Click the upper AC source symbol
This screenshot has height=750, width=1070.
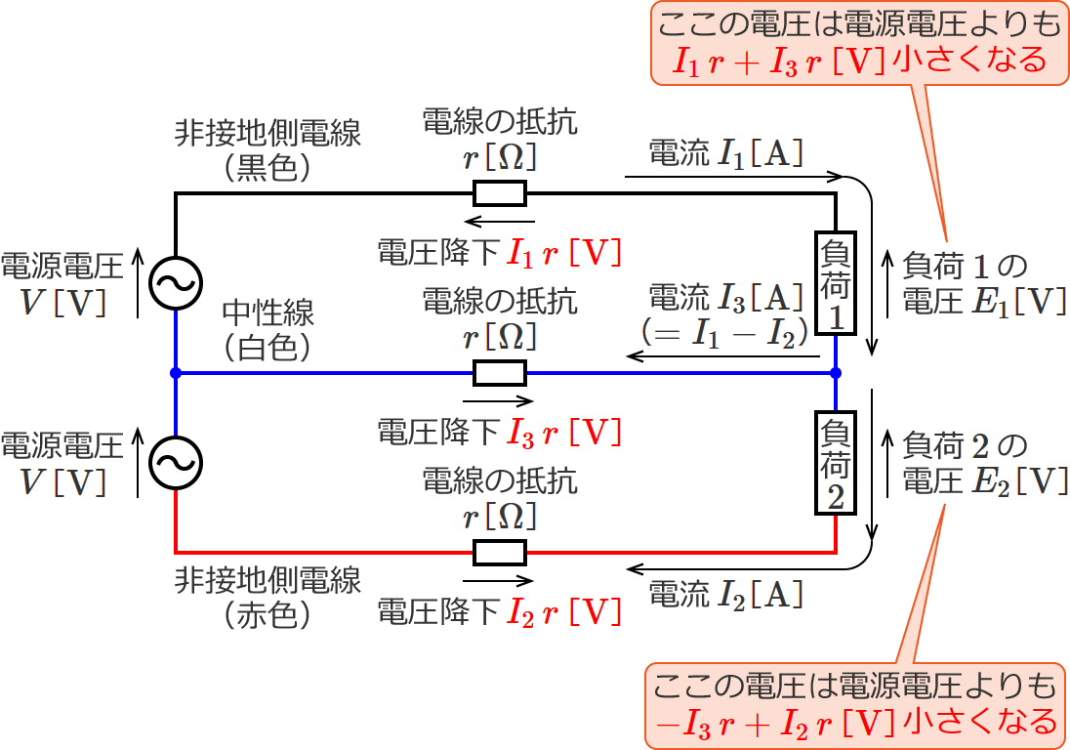coord(176,283)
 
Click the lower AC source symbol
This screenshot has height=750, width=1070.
coord(176,462)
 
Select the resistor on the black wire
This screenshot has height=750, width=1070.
coord(500,193)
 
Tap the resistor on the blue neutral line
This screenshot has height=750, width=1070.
coord(500,373)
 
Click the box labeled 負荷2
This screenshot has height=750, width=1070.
coord(837,462)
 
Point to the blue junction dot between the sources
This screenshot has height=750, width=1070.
coord(176,373)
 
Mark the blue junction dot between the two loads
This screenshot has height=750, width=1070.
coord(837,373)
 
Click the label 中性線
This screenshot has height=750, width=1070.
coord(268,313)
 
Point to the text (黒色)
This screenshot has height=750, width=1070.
coord(267,167)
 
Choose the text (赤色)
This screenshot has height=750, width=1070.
coord(267,615)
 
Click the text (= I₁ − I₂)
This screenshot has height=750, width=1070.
coord(722,332)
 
